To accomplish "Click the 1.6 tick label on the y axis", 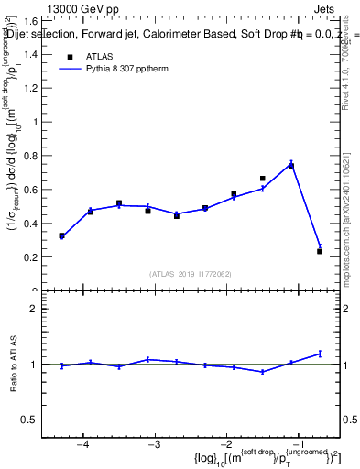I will coord(32,20).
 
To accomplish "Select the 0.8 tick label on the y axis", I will coord(32,156).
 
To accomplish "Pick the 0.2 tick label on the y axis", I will coord(32,257).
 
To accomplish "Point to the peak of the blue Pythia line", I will coord(290,164).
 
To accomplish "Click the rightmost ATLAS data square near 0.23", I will coord(320,251).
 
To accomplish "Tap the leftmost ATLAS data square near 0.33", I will coord(61,235).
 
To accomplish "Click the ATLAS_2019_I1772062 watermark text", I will coord(191,274).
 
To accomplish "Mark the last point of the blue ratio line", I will coord(320,353).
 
